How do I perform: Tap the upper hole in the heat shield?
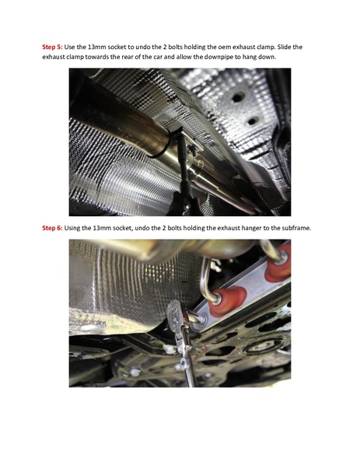point(237,97)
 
